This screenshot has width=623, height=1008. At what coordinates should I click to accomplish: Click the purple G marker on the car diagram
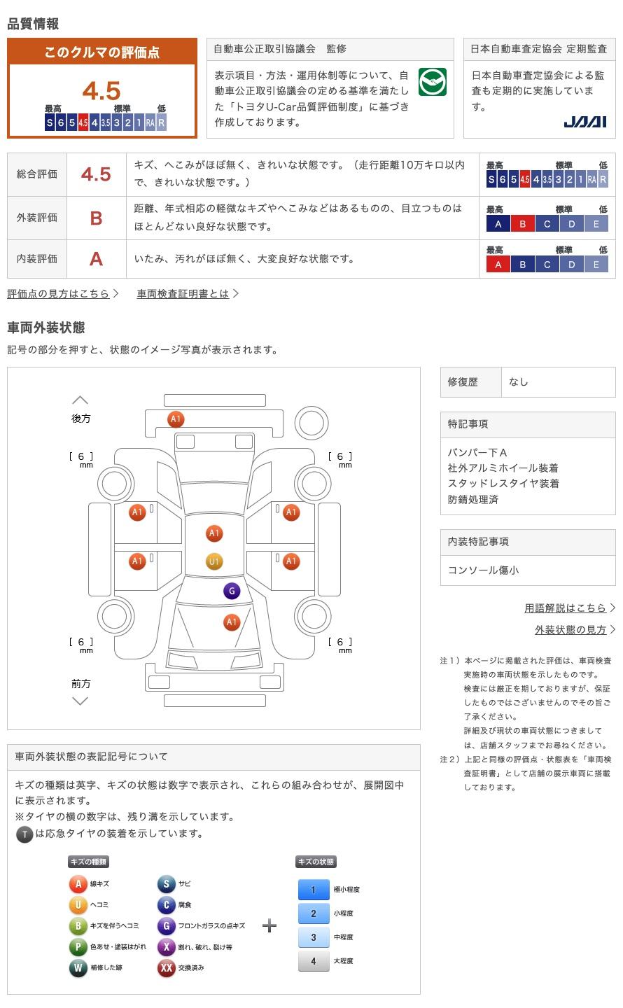tap(232, 591)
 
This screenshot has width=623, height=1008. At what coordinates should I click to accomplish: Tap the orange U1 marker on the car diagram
tap(214, 561)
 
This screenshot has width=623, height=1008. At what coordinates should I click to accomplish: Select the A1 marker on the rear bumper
tap(176, 419)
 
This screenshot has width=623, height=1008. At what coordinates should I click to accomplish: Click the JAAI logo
tap(584, 122)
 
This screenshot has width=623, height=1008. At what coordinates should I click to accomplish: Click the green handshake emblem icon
tap(432, 82)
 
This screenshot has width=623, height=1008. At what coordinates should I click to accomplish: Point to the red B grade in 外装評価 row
tap(96, 218)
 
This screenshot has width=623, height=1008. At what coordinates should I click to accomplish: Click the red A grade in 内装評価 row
tap(96, 259)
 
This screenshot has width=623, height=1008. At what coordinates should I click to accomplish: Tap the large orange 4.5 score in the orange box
tap(101, 90)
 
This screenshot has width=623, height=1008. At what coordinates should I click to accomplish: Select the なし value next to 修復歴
tap(518, 381)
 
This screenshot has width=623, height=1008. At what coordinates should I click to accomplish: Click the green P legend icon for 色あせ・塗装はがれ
tap(78, 946)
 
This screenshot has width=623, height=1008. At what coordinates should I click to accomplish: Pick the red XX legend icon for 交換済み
tap(166, 967)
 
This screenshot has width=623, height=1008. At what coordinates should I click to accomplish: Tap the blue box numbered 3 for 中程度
tap(314, 937)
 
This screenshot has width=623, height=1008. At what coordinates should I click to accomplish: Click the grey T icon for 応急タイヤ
tap(24, 834)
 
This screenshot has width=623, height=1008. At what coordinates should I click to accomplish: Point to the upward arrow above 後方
tap(80, 400)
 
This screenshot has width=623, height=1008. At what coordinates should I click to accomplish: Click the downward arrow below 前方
tap(80, 701)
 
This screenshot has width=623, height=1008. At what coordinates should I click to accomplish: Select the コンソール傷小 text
tap(483, 570)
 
